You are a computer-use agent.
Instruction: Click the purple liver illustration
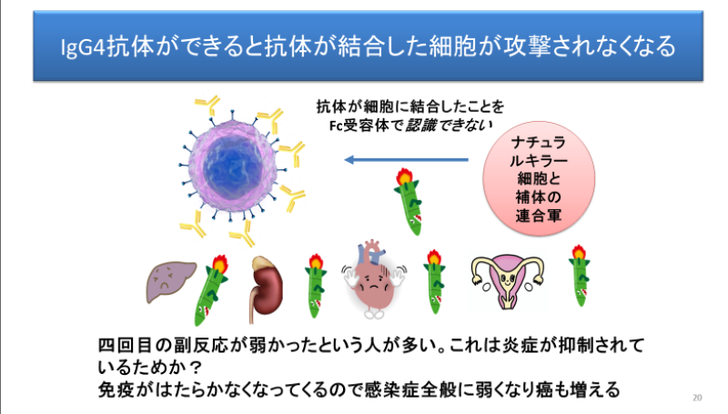(x=170, y=281)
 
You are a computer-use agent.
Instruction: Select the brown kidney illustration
(x=266, y=288)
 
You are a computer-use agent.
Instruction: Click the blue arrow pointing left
(x=406, y=159)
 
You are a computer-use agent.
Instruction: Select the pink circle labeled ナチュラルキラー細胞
(x=539, y=178)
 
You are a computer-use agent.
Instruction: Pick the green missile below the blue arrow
(x=409, y=201)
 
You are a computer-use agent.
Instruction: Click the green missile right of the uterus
(x=580, y=276)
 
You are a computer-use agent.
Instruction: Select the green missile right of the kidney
(x=316, y=286)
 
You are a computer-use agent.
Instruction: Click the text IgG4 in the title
(x=84, y=47)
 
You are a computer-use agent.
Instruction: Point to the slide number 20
(x=697, y=398)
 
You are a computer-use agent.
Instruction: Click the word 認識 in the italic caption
(x=421, y=125)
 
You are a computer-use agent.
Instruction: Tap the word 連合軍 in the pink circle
(x=539, y=216)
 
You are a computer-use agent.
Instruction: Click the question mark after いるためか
(x=196, y=368)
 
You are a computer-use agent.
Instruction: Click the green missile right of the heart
(x=435, y=282)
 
